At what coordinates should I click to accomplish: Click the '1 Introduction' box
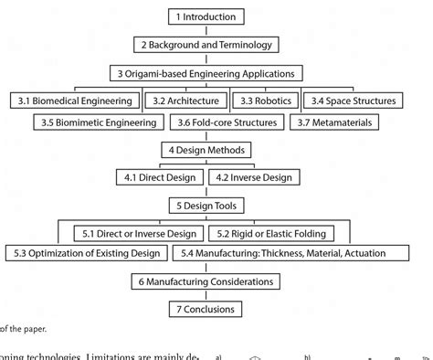(x=206, y=16)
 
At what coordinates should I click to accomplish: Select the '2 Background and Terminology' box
(x=206, y=44)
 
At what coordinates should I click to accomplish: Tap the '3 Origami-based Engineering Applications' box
(x=206, y=73)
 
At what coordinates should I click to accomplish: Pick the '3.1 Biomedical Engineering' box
(x=76, y=100)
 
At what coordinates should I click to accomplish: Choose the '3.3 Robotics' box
(x=265, y=100)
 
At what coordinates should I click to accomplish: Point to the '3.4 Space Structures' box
(x=353, y=100)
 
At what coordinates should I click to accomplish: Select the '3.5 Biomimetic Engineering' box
(x=100, y=122)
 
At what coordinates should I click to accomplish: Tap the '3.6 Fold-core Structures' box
(x=228, y=122)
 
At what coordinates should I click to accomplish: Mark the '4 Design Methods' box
(x=206, y=150)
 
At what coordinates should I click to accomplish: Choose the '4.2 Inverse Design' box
(x=253, y=177)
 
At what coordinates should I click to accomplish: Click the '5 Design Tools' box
(x=206, y=206)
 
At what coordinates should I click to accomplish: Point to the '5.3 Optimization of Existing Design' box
(x=89, y=253)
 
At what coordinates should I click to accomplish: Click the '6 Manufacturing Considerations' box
(x=206, y=282)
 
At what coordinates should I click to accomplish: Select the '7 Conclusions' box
(x=206, y=310)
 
